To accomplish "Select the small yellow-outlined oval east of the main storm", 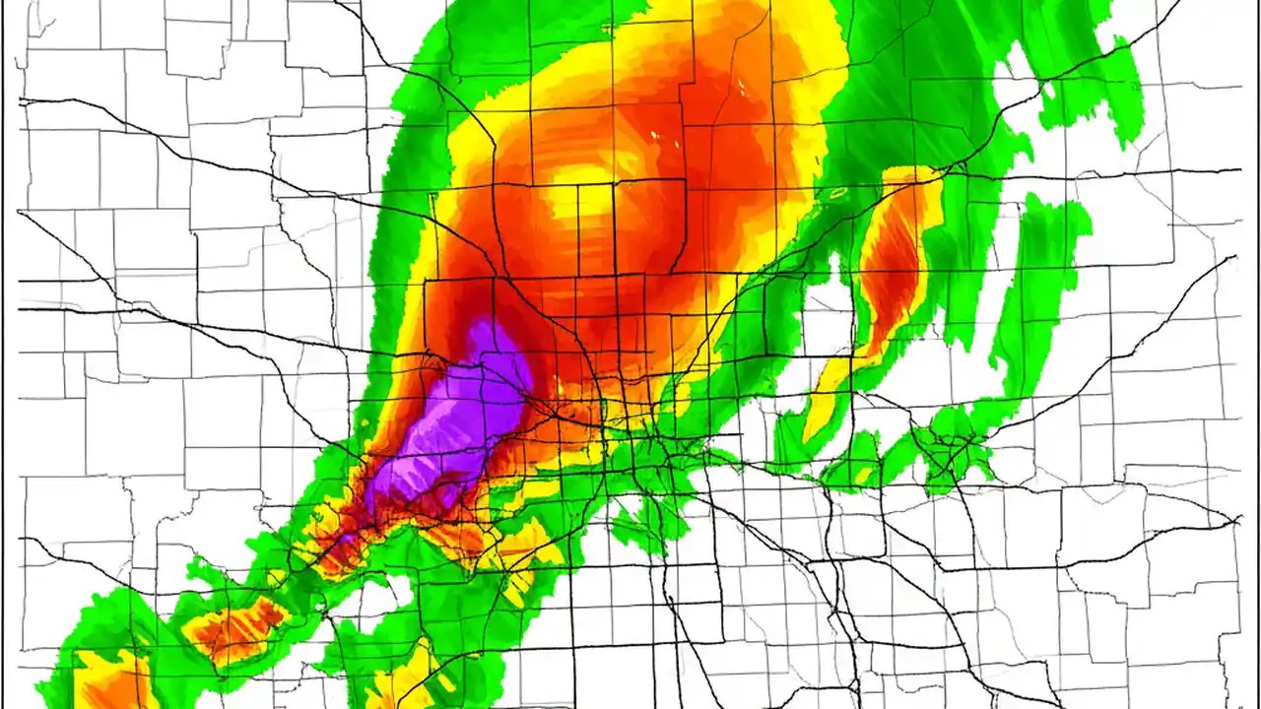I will [x=837, y=193].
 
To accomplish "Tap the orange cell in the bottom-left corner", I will [x=108, y=679].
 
